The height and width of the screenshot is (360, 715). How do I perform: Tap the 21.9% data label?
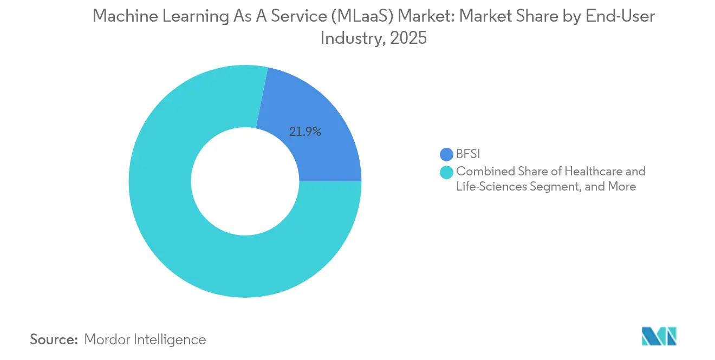(304, 132)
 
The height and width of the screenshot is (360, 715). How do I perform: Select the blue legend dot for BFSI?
(446, 154)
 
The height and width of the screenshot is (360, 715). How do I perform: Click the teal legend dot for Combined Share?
(446, 172)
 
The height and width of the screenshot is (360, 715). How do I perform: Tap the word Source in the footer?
(54, 339)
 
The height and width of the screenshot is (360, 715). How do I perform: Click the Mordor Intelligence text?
(145, 339)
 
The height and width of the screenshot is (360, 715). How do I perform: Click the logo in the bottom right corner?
(659, 336)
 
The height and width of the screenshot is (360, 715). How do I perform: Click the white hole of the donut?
(245, 181)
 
